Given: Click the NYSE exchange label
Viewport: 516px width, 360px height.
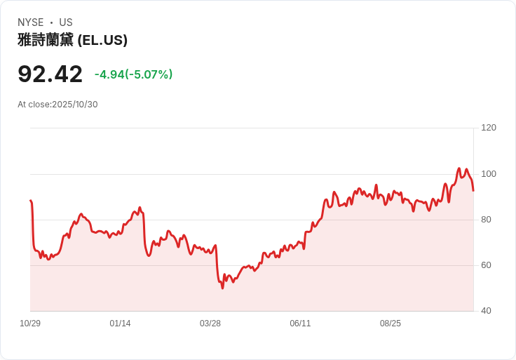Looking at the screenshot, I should [x=31, y=22].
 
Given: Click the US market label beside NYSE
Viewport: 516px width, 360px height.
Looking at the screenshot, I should [x=66, y=22].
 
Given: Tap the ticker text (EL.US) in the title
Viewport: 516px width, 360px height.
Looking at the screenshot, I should [x=102, y=41].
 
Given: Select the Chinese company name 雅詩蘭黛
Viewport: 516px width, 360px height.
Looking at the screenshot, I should [x=46, y=41].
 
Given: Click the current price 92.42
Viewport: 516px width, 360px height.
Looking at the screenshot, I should [x=50, y=74].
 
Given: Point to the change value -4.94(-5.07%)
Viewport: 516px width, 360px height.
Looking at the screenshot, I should [x=133, y=74].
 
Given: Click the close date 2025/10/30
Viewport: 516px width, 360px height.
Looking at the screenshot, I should [x=74, y=105].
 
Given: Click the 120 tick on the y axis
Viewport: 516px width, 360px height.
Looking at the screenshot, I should [x=488, y=128].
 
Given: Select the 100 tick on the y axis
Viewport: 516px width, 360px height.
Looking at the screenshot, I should [x=488, y=174].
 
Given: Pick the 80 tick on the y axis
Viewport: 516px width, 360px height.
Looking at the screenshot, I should [x=486, y=220].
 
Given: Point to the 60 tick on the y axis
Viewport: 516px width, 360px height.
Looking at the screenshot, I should [x=486, y=265].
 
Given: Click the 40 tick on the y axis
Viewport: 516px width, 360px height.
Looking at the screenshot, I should [x=486, y=311].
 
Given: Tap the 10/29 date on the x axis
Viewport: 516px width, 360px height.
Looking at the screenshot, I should [x=30, y=324].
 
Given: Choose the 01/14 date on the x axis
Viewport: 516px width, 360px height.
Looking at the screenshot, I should [x=120, y=324].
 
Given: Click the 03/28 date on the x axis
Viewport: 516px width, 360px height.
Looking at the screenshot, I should [x=210, y=324].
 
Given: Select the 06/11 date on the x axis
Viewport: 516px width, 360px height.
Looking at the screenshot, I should [x=300, y=324].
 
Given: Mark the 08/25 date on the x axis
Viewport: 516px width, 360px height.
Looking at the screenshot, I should [x=391, y=324].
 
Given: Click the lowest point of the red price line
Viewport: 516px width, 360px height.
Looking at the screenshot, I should [x=222, y=288].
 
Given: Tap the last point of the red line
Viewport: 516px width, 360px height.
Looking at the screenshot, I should [x=473, y=190].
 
